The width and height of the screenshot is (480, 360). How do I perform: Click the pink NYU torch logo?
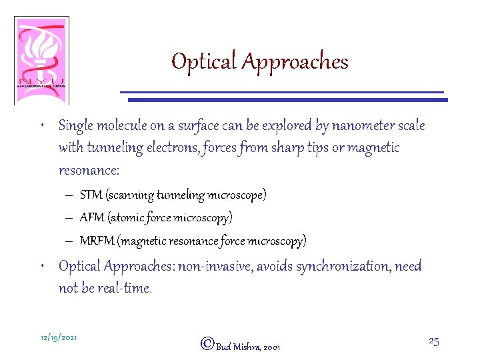tap(41, 60)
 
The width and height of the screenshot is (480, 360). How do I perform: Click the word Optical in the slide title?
tap(204, 62)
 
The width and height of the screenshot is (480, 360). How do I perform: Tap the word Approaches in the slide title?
tap(295, 62)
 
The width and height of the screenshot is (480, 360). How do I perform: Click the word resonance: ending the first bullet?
tap(89, 170)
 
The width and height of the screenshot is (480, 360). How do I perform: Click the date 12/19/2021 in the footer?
tap(59, 338)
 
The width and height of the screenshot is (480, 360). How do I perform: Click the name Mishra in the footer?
tap(247, 347)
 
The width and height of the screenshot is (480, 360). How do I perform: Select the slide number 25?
tap(433, 341)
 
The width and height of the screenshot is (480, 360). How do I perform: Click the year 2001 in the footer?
tap(272, 347)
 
